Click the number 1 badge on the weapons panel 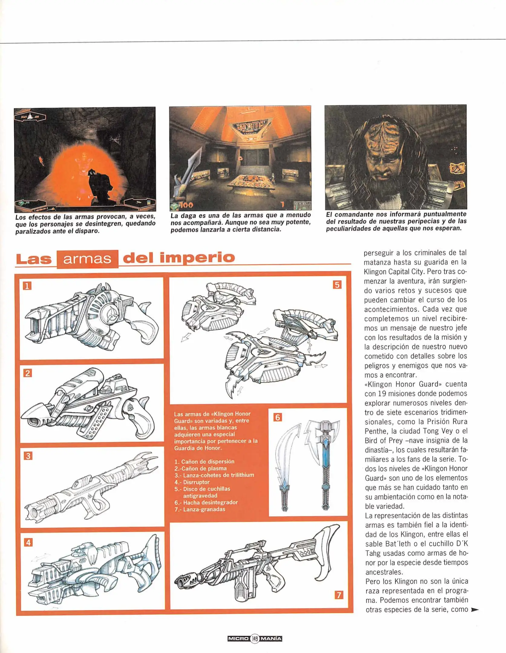pyautogui.click(x=27, y=286)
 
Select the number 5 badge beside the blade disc pyautogui.click(x=337, y=285)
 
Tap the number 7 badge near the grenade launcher pyautogui.click(x=339, y=595)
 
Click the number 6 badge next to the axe pyautogui.click(x=278, y=417)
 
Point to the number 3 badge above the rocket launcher pyautogui.click(x=28, y=456)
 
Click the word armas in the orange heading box pyautogui.click(x=87, y=259)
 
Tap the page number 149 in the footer pyautogui.click(x=255, y=638)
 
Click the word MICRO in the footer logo pyautogui.click(x=238, y=638)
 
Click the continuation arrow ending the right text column pyautogui.click(x=475, y=610)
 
